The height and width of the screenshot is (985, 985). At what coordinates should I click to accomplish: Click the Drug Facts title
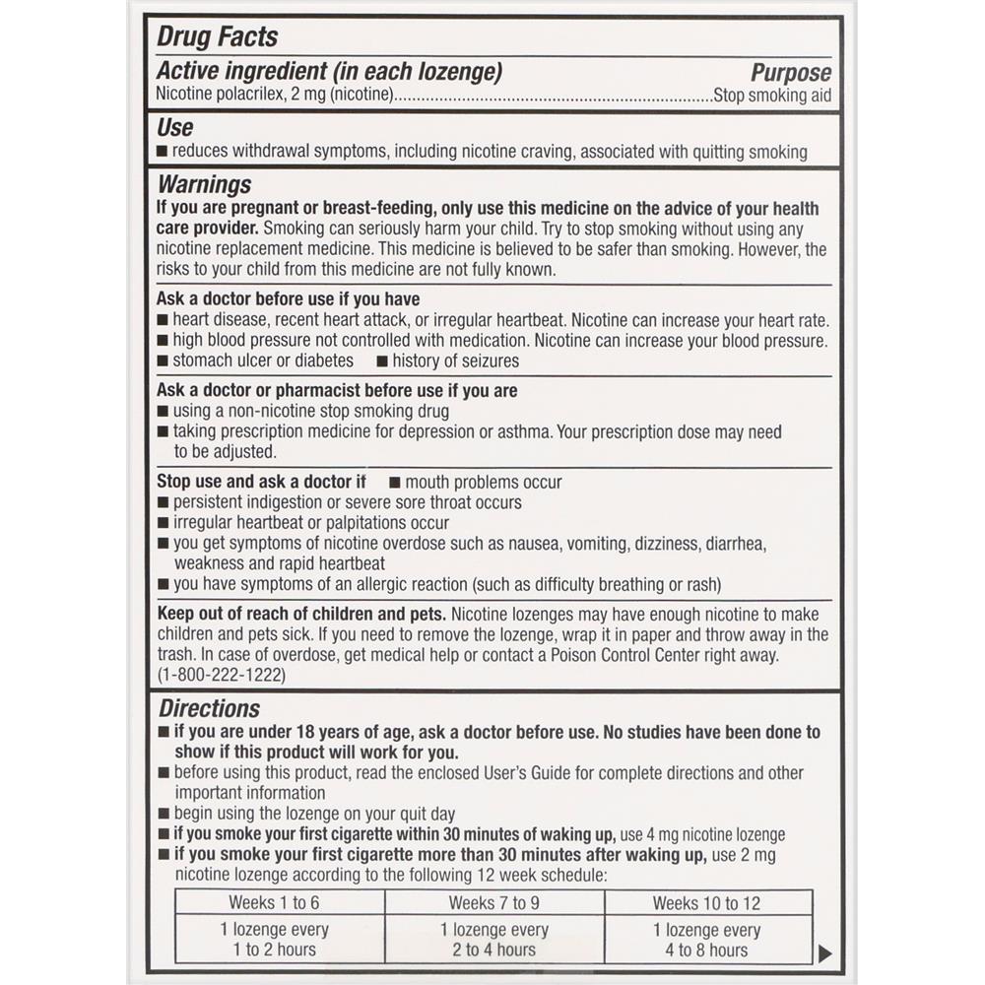(218, 37)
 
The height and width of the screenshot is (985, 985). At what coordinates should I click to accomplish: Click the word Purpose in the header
(791, 73)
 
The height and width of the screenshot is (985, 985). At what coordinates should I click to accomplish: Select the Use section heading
(175, 127)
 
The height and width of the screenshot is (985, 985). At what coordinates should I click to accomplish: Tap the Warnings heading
(205, 184)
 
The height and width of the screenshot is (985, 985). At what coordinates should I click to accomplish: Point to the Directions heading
(209, 708)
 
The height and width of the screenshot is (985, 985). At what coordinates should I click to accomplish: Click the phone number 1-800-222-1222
(222, 675)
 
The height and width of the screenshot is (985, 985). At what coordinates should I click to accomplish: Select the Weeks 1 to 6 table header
(274, 902)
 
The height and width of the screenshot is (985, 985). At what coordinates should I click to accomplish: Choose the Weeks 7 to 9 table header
(493, 902)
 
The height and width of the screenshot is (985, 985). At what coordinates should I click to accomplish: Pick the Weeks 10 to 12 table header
(706, 902)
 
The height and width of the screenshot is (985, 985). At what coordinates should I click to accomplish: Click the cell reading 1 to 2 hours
(274, 950)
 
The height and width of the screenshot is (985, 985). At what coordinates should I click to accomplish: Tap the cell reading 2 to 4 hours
(493, 950)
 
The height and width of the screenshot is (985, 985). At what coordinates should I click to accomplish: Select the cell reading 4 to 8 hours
(706, 950)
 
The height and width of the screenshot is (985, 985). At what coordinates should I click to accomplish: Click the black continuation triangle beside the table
(825, 952)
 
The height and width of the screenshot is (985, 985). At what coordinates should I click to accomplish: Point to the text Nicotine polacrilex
(216, 96)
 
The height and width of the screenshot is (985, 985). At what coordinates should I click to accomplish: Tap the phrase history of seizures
(455, 361)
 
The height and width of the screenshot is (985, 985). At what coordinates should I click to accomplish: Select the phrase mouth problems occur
(484, 482)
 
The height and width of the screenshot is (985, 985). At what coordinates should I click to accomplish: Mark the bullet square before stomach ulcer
(163, 361)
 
